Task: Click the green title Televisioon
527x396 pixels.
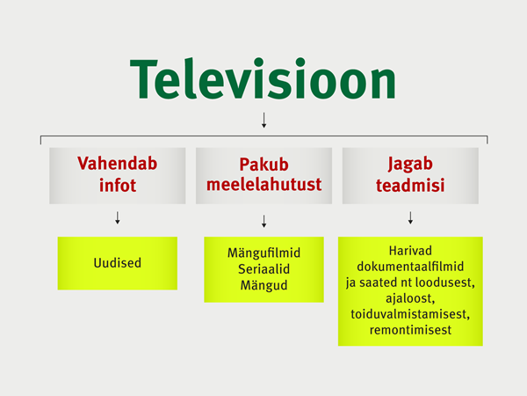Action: pyautogui.click(x=263, y=79)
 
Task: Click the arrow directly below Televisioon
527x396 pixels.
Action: pyautogui.click(x=263, y=121)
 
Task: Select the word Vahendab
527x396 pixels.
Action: pyautogui.click(x=118, y=164)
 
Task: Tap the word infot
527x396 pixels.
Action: pyautogui.click(x=118, y=185)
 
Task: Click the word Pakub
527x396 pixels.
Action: pyautogui.click(x=263, y=165)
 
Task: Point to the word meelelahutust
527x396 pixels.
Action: pyautogui.click(x=263, y=185)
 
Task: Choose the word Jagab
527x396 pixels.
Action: pyautogui.click(x=410, y=164)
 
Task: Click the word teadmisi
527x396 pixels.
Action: pyautogui.click(x=410, y=185)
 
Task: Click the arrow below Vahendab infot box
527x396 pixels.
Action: pyautogui.click(x=118, y=218)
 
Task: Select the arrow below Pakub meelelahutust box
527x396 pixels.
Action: pyautogui.click(x=263, y=221)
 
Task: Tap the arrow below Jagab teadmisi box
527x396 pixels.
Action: pyautogui.click(x=410, y=218)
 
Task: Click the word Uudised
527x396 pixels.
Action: pyautogui.click(x=118, y=263)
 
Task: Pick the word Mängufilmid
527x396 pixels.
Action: pyautogui.click(x=263, y=253)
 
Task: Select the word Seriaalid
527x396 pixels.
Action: pyautogui.click(x=263, y=269)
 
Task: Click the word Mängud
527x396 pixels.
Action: pyautogui.click(x=263, y=285)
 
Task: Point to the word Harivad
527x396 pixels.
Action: pyautogui.click(x=410, y=251)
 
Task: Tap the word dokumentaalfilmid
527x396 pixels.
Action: pyautogui.click(x=410, y=267)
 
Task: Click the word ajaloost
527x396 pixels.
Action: pyautogui.click(x=410, y=298)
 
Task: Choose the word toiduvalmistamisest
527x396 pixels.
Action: pyautogui.click(x=410, y=314)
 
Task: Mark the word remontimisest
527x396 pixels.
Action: pyautogui.click(x=410, y=330)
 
